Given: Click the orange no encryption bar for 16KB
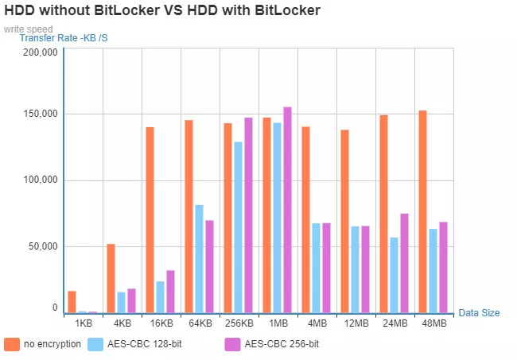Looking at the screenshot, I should click(150, 219).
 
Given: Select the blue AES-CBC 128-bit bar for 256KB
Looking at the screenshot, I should click(238, 227).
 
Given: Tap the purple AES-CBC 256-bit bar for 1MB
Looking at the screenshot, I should click(287, 210).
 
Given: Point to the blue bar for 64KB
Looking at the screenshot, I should click(199, 259).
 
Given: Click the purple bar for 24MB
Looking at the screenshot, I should click(404, 263).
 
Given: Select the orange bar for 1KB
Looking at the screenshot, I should click(72, 302).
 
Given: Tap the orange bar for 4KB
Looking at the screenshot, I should click(111, 278).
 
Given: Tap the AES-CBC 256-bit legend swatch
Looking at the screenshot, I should click(232, 345).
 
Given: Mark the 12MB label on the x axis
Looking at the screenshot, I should click(356, 324).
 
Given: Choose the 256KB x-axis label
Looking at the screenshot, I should click(239, 324).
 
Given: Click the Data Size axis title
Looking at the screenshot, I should click(479, 313).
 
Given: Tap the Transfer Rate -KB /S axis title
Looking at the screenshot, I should click(64, 38).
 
